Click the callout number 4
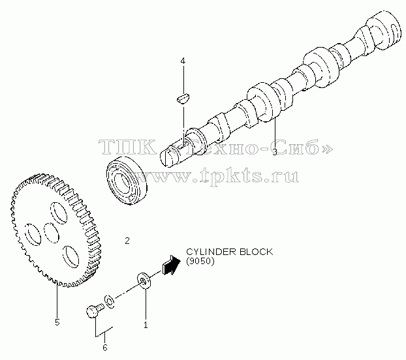(x=183, y=61)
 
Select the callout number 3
(x=275, y=152)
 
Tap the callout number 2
(x=127, y=241)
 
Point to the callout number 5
(x=57, y=322)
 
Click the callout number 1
(x=146, y=325)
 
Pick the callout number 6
(x=105, y=348)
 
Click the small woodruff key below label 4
(x=183, y=99)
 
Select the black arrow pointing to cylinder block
(x=171, y=265)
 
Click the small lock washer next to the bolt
(x=109, y=301)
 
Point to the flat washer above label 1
(x=144, y=280)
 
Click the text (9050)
(x=200, y=262)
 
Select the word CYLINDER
(x=211, y=252)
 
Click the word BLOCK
(x=256, y=252)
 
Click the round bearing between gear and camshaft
(x=127, y=181)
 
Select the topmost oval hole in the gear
(x=59, y=213)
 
